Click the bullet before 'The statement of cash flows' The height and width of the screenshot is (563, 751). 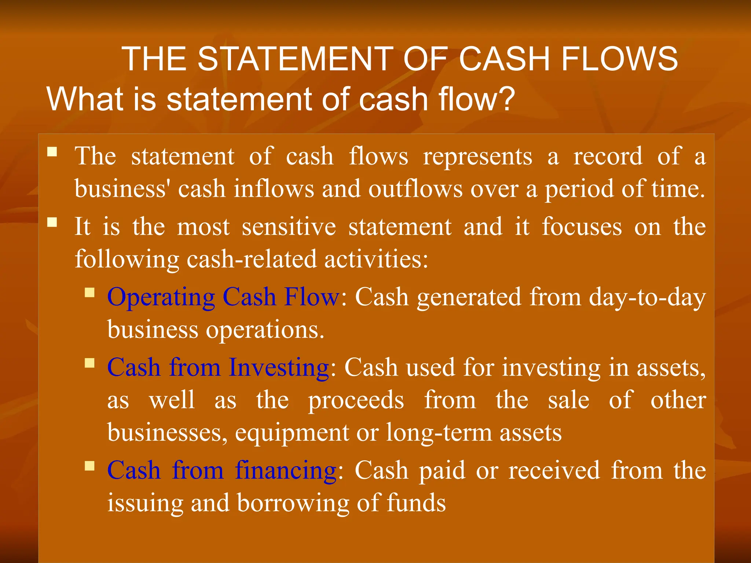pyautogui.click(x=52, y=152)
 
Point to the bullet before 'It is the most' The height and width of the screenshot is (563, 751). pyautogui.click(x=52, y=222)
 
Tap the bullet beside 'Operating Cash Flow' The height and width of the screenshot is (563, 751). pyautogui.click(x=89, y=292)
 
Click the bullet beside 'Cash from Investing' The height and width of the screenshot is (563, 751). pyautogui.click(x=89, y=363)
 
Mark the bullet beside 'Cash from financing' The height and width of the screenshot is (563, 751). pyautogui.click(x=89, y=466)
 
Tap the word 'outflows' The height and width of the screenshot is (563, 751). pyautogui.click(x=415, y=189)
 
